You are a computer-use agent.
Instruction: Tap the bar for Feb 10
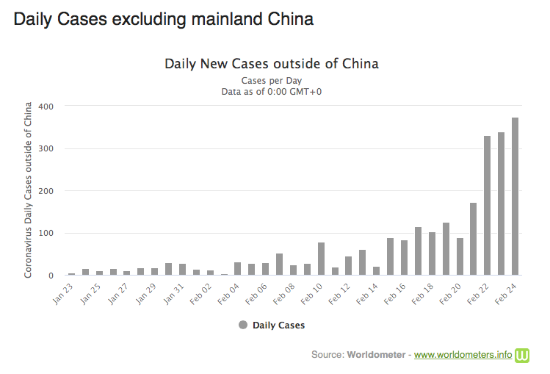[321, 259]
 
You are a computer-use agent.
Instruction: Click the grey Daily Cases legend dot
[243, 325]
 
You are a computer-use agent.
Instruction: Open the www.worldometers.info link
[463, 355]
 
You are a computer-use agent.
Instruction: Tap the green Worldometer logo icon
[522, 355]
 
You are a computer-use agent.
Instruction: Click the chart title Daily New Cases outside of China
[272, 64]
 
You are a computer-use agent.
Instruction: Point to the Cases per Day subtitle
[272, 80]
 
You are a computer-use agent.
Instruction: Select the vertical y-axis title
[28, 190]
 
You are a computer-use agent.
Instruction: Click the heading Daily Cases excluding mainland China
[163, 19]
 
